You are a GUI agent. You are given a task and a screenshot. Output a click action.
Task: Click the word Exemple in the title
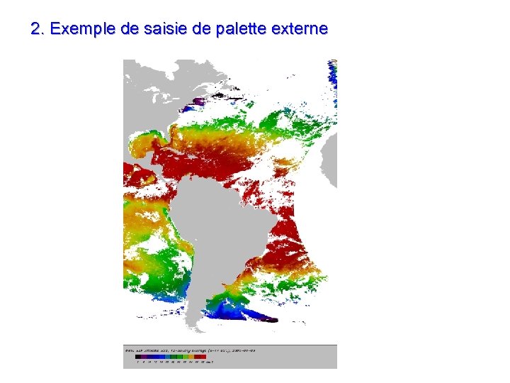pos(81,30)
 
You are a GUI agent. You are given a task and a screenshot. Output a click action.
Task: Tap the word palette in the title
pos(239,30)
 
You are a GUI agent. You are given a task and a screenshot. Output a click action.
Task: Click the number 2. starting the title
pos(38,30)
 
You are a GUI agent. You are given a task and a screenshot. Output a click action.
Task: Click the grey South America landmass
pos(212,227)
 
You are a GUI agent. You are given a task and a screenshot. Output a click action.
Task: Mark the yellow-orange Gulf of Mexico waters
pos(142,145)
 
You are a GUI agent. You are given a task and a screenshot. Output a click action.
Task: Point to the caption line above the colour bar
pos(184,350)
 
